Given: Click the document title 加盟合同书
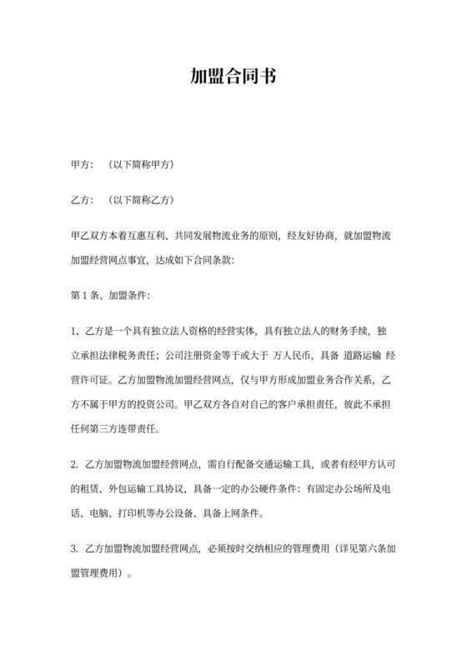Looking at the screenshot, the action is [233, 77].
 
